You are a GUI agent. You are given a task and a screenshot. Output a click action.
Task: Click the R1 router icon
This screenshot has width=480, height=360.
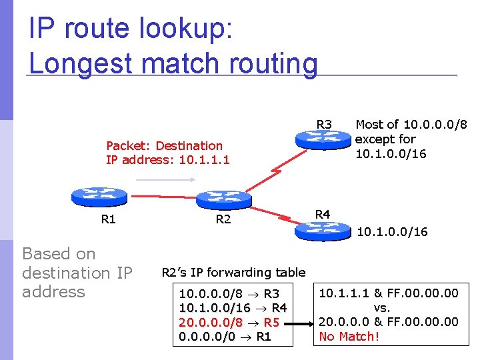[99, 197]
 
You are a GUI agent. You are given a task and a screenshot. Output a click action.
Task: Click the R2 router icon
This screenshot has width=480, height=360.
[224, 199]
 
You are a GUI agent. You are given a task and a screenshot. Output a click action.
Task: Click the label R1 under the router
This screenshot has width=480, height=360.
[108, 219]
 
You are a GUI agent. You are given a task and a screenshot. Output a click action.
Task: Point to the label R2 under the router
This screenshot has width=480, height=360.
[223, 219]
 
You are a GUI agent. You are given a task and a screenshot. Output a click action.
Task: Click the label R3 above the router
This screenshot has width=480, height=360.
[324, 125]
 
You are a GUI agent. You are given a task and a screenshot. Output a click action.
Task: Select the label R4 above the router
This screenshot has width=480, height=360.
[322, 214]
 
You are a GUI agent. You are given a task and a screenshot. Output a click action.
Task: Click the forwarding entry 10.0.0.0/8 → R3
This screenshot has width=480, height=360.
[229, 293]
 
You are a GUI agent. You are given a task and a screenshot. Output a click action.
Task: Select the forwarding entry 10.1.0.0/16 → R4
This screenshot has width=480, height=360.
[233, 308]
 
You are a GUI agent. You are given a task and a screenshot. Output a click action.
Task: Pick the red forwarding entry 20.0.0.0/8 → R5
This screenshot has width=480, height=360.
[229, 323]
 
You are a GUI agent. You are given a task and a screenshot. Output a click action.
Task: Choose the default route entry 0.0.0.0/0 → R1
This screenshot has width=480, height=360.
[225, 337]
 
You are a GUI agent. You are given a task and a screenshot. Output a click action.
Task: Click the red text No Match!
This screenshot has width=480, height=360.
[349, 337]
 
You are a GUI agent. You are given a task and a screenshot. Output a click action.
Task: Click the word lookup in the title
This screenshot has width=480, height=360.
[186, 29]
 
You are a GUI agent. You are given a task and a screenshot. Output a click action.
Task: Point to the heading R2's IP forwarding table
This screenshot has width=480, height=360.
[233, 272]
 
